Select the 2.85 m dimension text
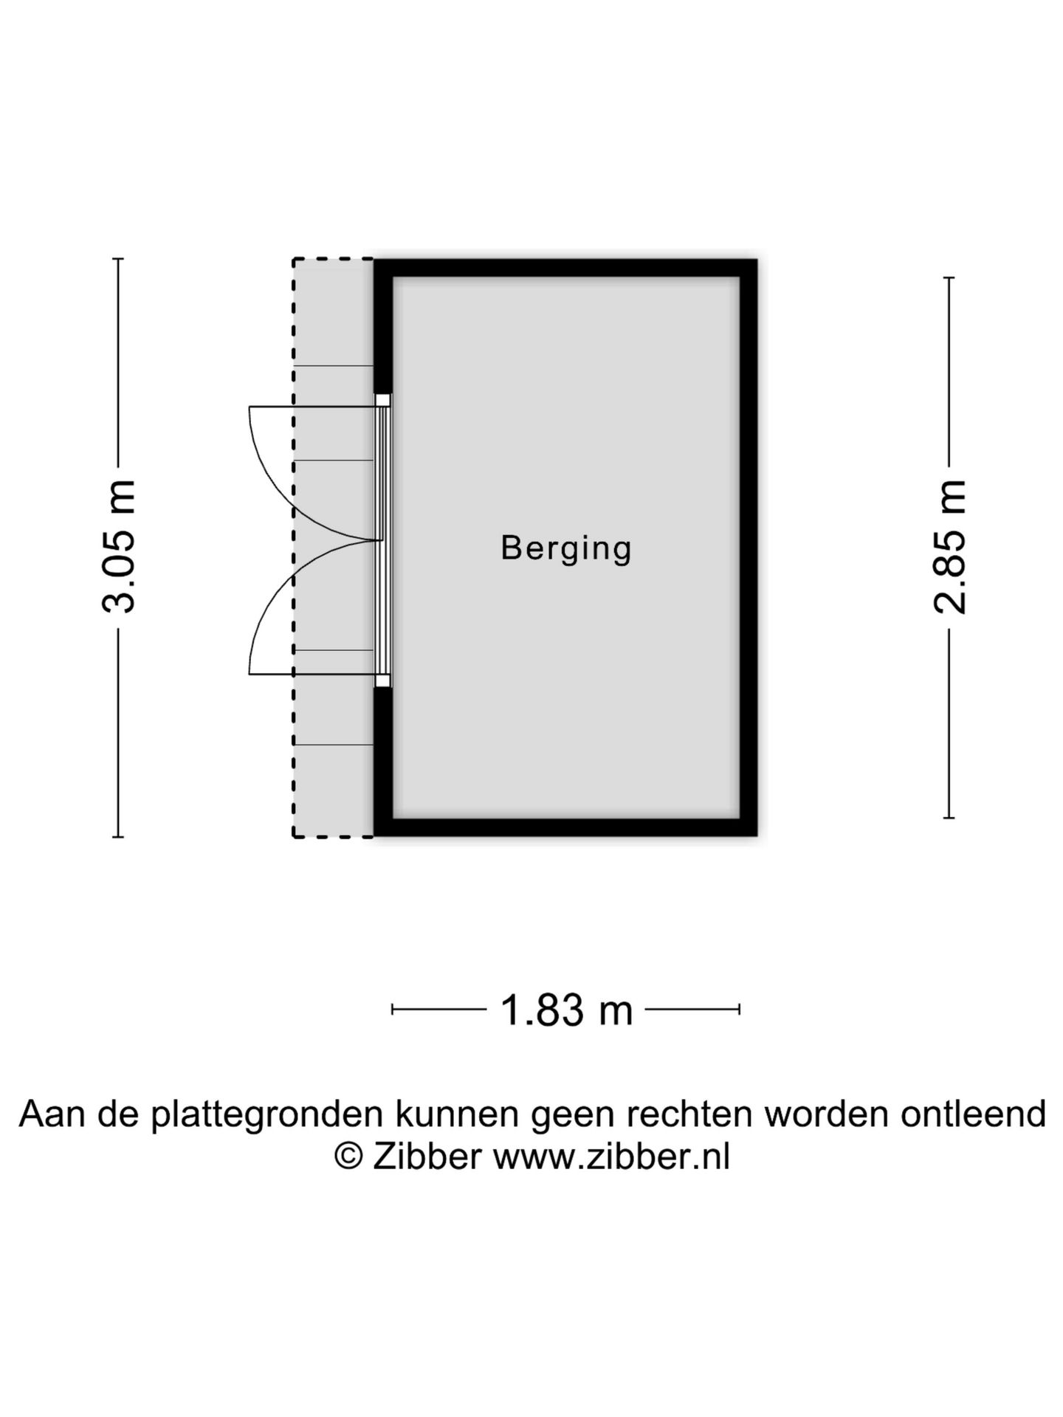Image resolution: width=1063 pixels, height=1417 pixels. (x=950, y=546)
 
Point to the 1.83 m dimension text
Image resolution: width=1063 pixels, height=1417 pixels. (x=566, y=1010)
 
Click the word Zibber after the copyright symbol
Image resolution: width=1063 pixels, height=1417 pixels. (x=427, y=1156)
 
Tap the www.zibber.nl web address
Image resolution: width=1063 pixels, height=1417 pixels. (x=611, y=1156)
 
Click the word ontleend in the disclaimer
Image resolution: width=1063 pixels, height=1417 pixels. (x=973, y=1114)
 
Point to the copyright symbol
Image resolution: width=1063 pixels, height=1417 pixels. (x=348, y=1156)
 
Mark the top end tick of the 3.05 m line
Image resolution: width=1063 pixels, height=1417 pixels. (x=118, y=259)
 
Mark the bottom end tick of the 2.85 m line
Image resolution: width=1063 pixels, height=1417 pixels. (x=949, y=817)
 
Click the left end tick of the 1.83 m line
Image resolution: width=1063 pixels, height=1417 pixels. (x=392, y=1009)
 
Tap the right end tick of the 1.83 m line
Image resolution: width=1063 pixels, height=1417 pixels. (x=740, y=1009)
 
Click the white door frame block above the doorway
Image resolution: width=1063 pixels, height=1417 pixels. (x=382, y=400)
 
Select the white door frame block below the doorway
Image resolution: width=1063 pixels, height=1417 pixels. (x=382, y=680)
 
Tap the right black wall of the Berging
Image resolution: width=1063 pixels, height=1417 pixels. (x=749, y=548)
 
